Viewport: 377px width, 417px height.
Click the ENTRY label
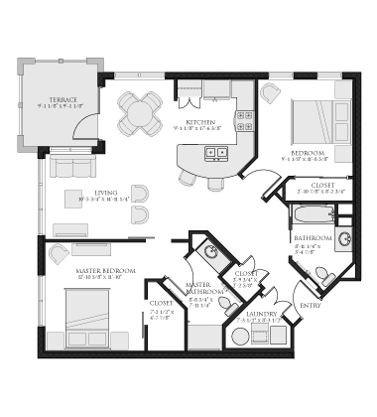tap(311, 306)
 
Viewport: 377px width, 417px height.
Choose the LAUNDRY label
tap(264, 315)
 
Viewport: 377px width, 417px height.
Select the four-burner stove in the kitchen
tap(241, 122)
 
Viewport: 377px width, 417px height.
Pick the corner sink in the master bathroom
tap(210, 251)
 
